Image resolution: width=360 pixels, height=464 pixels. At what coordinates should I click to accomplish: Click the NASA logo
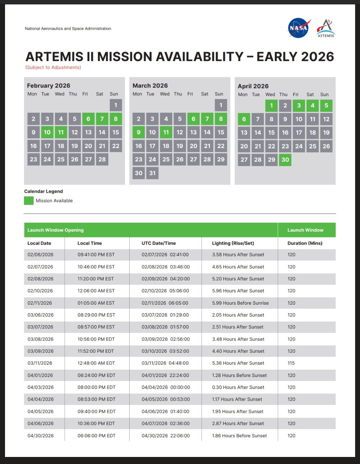tap(299, 28)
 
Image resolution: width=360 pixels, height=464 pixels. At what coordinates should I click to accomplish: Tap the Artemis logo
tap(326, 28)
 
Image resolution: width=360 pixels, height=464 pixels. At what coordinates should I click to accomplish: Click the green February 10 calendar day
tap(47, 132)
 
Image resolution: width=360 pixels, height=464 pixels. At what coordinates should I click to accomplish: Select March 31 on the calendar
tap(152, 173)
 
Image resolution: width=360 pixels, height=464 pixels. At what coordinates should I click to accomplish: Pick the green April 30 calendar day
tap(285, 160)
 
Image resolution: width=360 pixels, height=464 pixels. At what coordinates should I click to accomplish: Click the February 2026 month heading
tap(49, 86)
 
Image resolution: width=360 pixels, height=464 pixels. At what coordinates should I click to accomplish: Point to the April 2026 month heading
tap(253, 86)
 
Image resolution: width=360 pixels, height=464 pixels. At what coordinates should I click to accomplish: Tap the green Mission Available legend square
tap(29, 201)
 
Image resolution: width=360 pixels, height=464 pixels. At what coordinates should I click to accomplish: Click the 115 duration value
tap(291, 363)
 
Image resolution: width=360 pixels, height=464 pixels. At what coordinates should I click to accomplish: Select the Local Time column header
tap(90, 243)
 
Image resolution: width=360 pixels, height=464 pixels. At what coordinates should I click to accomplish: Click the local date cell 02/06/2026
tap(40, 255)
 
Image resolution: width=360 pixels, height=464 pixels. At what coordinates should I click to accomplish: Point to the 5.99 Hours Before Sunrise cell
tap(240, 303)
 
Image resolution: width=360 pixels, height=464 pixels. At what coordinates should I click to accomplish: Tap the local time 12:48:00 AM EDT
tap(96, 363)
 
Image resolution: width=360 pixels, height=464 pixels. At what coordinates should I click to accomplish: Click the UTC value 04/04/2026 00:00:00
tap(166, 387)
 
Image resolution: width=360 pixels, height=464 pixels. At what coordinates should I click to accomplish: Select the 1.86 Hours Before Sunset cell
tap(239, 436)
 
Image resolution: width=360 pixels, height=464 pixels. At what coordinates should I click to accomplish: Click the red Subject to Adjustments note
tap(53, 67)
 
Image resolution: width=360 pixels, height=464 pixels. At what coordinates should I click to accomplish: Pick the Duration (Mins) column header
tap(305, 243)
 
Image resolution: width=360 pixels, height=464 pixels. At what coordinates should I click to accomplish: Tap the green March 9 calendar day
tap(139, 132)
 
